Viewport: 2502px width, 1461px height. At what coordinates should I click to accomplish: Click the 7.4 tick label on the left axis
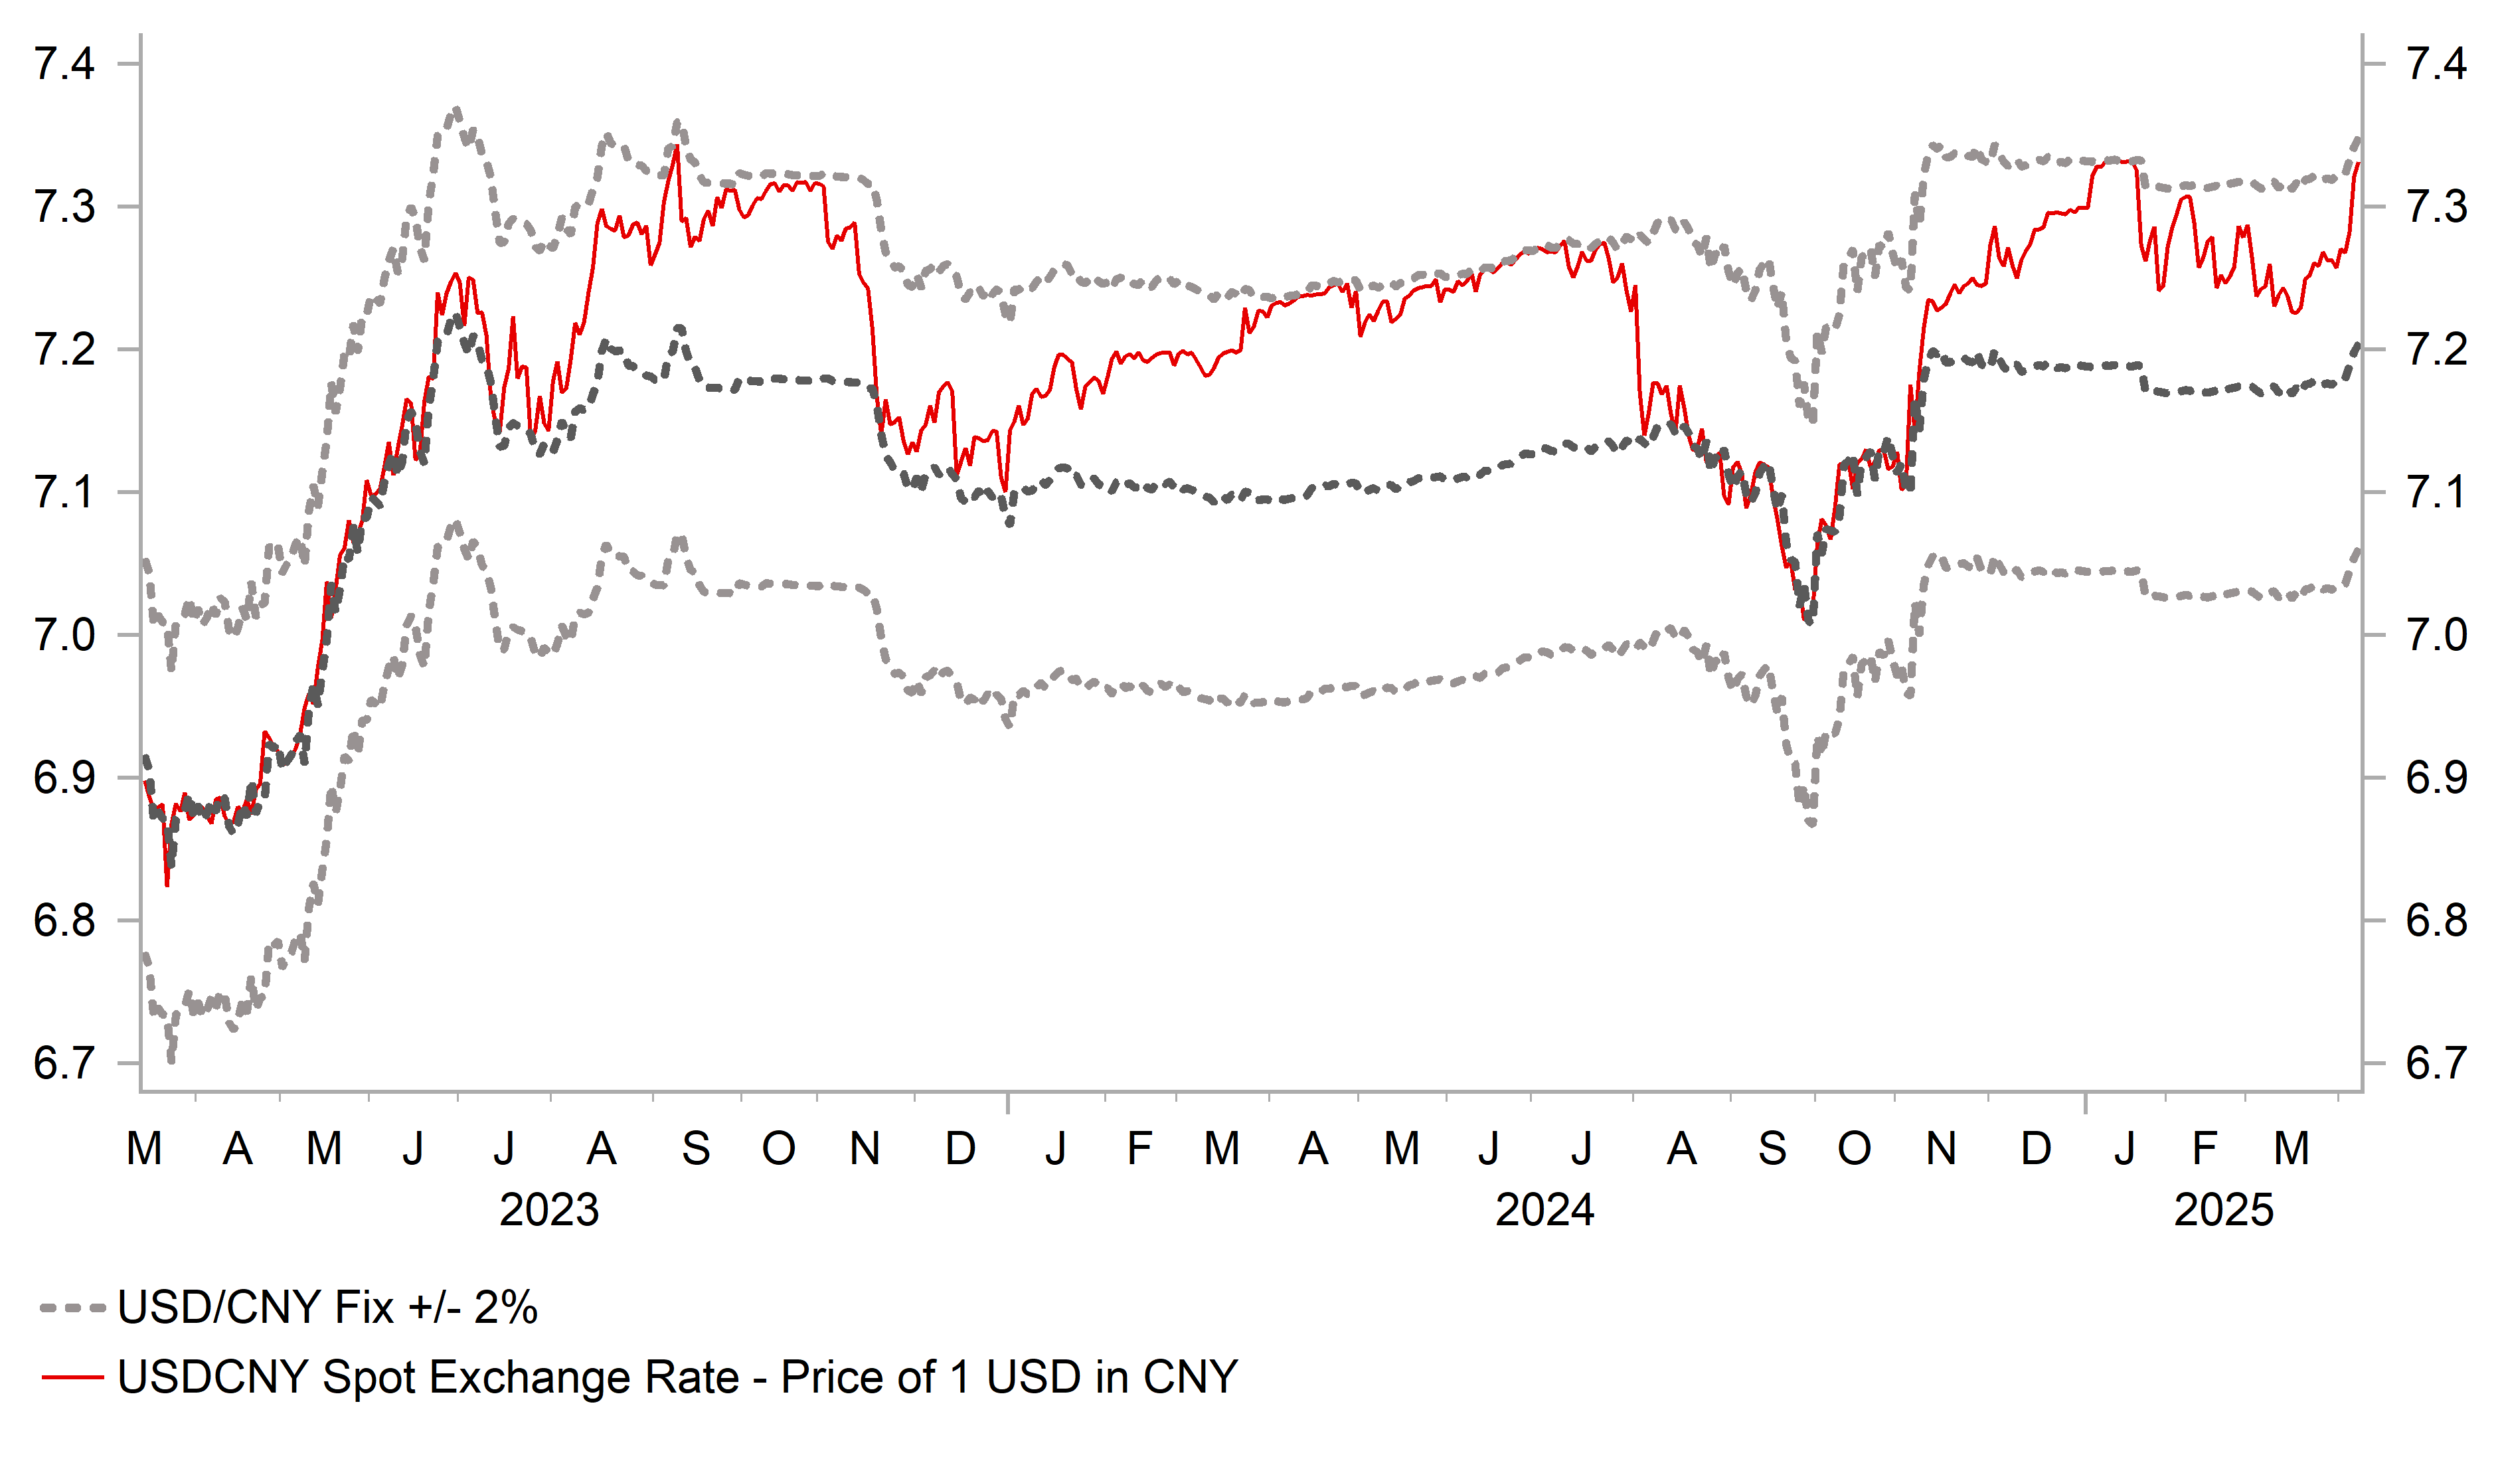pos(64,64)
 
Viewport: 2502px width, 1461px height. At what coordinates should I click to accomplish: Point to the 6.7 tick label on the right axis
pos(2436,1064)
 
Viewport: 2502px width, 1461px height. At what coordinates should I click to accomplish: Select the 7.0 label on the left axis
pos(64,636)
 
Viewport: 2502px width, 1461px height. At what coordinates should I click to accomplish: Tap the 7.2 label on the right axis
pos(2436,349)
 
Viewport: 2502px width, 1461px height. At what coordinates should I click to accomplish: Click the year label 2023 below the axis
pos(549,1211)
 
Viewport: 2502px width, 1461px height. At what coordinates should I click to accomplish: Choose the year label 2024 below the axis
pos(1545,1211)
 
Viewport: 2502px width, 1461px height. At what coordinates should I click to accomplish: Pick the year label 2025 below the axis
pos(2224,1211)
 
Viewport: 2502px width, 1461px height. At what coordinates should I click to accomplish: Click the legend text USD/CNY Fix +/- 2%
pos(327,1308)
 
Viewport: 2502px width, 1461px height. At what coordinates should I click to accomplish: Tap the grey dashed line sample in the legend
pos(72,1309)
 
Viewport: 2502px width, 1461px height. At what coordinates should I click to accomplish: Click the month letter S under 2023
pos(696,1149)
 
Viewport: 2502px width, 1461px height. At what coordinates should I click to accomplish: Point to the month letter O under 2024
pos(1854,1149)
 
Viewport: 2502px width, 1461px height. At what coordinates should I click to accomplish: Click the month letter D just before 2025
pos(2037,1149)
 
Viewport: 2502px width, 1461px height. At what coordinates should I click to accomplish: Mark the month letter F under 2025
pos(2204,1149)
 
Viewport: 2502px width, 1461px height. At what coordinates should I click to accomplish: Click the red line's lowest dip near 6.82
pos(167,884)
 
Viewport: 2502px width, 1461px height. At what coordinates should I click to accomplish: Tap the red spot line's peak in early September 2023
pos(676,149)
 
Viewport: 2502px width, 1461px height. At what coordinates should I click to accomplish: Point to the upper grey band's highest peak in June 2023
pos(456,110)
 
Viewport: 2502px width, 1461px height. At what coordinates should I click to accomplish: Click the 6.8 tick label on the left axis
pos(64,920)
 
